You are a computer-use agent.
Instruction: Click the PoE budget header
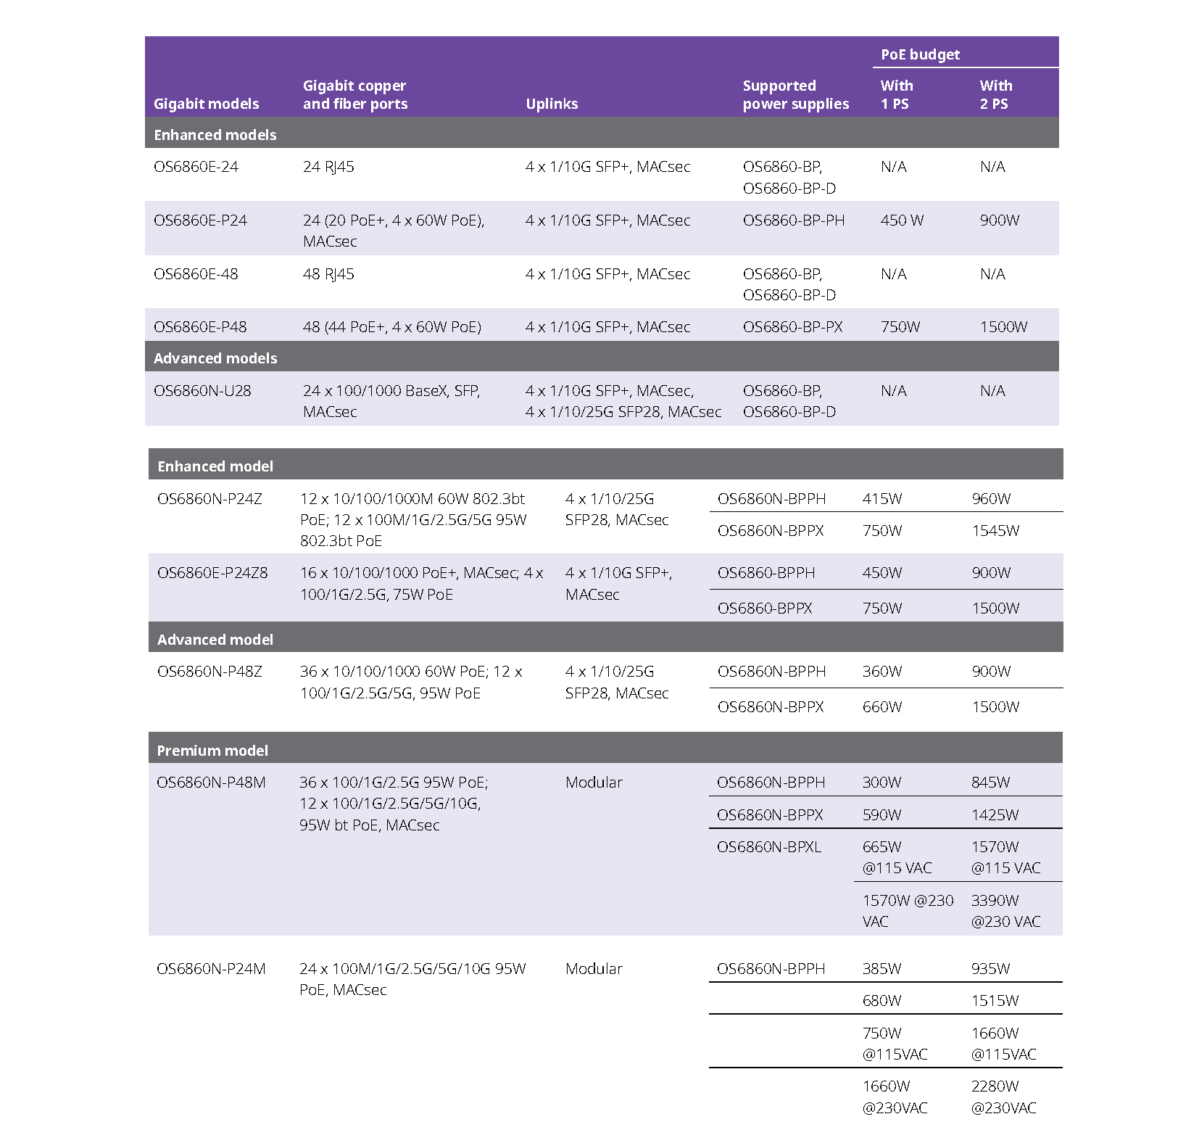(920, 54)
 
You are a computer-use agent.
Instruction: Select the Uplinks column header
(552, 104)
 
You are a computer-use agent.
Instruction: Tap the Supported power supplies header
(795, 95)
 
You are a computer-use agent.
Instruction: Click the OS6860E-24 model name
(196, 167)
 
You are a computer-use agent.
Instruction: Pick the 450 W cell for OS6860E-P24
(902, 220)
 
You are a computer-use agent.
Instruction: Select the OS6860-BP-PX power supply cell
(792, 327)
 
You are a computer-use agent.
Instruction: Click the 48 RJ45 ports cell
(328, 274)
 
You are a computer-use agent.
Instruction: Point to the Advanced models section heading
(215, 358)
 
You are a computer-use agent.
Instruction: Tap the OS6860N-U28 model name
(202, 391)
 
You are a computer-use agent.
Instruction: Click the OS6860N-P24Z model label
(209, 499)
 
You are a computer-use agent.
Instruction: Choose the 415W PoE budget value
(882, 499)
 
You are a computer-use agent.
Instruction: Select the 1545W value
(995, 531)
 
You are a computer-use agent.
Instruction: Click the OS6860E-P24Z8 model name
(212, 573)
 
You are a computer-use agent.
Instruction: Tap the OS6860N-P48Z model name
(209, 672)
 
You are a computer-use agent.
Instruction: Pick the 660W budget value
(882, 707)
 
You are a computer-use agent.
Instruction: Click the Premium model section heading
(212, 751)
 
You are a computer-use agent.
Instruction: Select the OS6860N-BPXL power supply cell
(768, 847)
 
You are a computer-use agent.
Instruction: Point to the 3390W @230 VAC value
(1005, 911)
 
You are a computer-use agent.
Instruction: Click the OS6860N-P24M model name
(211, 969)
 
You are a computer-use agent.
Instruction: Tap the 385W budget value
(881, 969)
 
